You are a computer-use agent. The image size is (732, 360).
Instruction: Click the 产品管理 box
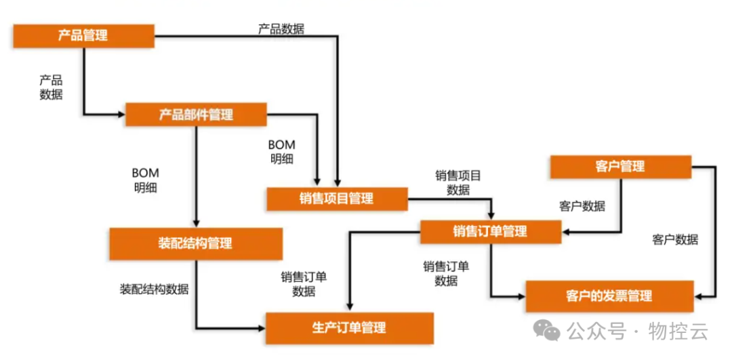[x=83, y=36]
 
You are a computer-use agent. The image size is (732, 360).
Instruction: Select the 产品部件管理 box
[x=196, y=115]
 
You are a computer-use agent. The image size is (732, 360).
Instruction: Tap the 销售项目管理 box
[x=336, y=199]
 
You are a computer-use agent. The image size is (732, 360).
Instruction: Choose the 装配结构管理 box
[x=195, y=243]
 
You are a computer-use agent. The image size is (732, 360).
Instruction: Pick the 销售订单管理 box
[x=490, y=231]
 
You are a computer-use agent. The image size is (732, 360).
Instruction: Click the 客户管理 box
[x=620, y=166]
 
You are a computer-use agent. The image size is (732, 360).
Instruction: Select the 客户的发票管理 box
[x=609, y=296]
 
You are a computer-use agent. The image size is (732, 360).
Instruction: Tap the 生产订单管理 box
[x=349, y=328]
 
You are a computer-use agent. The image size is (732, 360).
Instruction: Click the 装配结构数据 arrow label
[x=154, y=289]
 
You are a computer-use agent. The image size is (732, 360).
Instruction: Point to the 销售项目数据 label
[x=458, y=182]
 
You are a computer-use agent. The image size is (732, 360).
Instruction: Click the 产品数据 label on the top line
[x=281, y=29]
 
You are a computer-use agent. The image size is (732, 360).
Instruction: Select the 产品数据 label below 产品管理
[x=51, y=87]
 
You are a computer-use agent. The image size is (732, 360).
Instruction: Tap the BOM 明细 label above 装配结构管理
[x=146, y=181]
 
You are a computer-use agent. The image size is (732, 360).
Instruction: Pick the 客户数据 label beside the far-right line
[x=675, y=239]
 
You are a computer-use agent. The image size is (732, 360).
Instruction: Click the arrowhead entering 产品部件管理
[x=121, y=114]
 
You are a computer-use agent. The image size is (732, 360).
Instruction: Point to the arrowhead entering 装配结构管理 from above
[x=196, y=224]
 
